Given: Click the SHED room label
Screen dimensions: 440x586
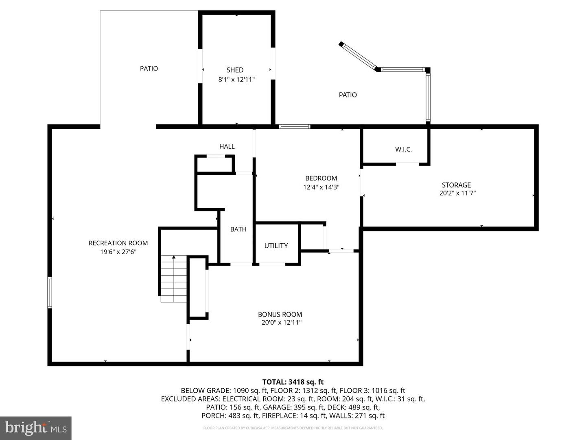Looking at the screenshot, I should point(235,70).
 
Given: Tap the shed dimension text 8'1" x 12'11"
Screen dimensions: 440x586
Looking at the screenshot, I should point(236,79).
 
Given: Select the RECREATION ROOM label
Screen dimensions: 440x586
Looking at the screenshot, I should point(118,243).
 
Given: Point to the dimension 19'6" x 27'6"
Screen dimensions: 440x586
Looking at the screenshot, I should point(118,252).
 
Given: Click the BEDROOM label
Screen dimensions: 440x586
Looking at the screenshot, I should point(321,178).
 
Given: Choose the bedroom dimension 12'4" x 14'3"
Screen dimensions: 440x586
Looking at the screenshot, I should point(321,187).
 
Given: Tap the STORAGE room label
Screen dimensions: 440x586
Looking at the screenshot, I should point(456,185).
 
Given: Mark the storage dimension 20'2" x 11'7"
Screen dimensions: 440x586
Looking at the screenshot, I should point(457,193).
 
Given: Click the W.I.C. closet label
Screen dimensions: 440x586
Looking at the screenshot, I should point(403,150).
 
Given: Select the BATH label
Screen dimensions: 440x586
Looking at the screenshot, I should point(238,229).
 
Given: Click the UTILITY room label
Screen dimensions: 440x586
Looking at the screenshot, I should point(276,246).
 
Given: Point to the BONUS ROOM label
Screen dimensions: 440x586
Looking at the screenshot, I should point(280,315).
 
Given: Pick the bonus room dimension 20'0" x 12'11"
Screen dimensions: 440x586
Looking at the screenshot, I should point(281,323).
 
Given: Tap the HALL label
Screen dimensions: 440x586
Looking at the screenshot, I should point(227,147).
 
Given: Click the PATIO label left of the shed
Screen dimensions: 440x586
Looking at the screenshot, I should point(149,68).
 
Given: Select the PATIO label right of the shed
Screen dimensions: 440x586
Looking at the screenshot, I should point(348,95).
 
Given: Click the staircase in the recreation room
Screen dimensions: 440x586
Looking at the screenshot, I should point(174,279).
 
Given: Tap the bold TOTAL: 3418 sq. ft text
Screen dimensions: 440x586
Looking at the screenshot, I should point(293,382).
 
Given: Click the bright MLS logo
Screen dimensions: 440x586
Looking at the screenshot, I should point(36,428).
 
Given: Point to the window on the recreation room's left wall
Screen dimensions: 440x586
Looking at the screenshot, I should point(50,292).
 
